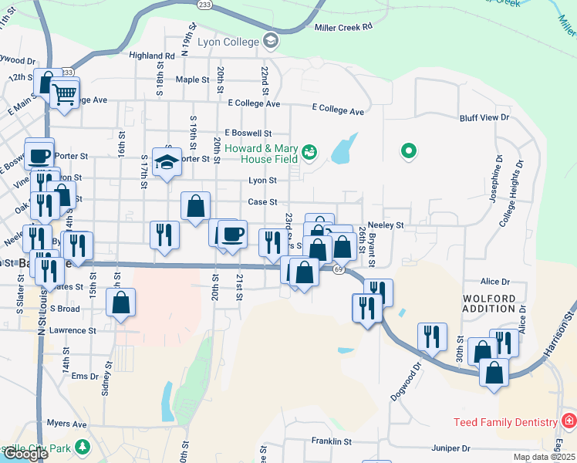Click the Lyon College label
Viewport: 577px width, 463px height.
228,41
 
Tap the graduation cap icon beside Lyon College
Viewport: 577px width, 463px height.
271,40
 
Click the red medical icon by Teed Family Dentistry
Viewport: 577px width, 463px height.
569,421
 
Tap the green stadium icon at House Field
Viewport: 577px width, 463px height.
310,152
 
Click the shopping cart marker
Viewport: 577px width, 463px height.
65,94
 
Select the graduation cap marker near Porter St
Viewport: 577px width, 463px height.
167,162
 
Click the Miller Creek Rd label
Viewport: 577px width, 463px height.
344,26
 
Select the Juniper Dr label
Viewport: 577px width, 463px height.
451,448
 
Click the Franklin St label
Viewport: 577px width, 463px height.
332,441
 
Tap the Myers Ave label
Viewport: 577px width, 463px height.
66,424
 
